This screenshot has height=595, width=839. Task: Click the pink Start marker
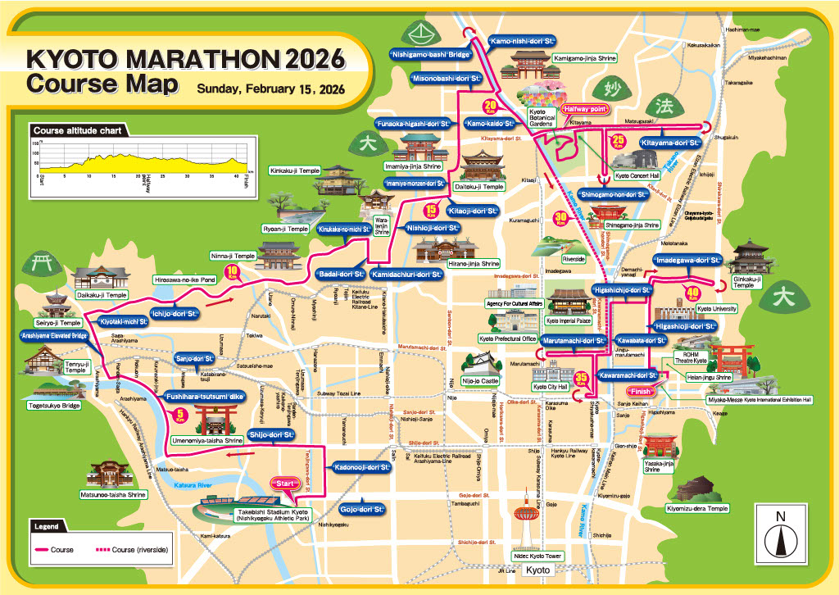pos(287,484)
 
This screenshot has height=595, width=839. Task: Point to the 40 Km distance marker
pos(694,290)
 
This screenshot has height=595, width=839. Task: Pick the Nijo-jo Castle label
pos(478,381)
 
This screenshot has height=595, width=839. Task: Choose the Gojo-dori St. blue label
pos(361,509)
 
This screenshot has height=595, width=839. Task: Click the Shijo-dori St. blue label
pos(272,434)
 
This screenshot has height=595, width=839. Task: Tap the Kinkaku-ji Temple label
pos(294,170)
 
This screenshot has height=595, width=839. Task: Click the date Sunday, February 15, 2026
pos(270,89)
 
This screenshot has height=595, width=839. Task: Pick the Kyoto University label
pos(716,308)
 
